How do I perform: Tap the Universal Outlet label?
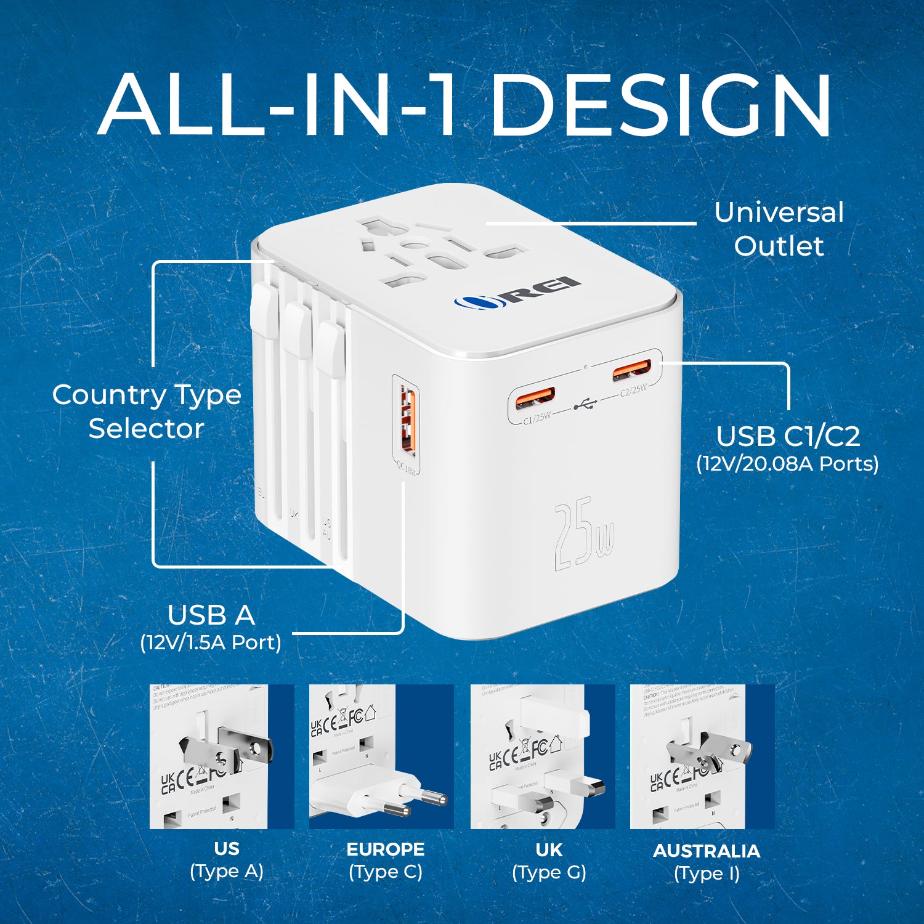tap(779, 229)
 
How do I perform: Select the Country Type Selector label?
tap(147, 411)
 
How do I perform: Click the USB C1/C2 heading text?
tap(788, 436)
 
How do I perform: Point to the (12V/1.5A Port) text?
tap(211, 642)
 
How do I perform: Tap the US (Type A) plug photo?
tap(222, 756)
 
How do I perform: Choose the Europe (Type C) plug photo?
tap(381, 756)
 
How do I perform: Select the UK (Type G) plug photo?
tap(543, 756)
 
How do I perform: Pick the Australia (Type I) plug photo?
tap(702, 756)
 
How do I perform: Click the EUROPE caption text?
tap(386, 849)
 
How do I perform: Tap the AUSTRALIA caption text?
tap(707, 851)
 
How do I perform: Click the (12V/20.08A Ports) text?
tap(787, 463)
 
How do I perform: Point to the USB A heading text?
tap(211, 615)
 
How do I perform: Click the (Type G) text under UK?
tap(549, 872)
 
